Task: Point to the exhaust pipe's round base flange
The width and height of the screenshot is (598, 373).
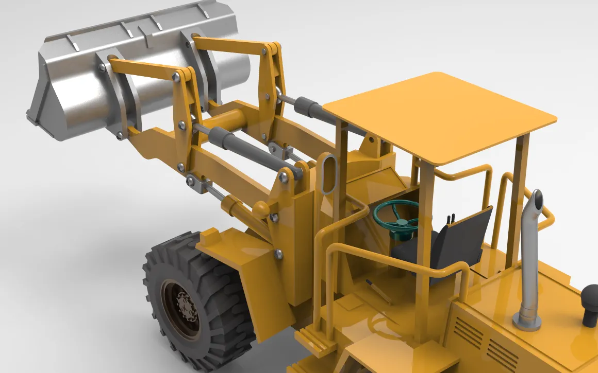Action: tap(527, 322)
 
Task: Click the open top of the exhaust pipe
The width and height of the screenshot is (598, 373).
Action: tap(537, 198)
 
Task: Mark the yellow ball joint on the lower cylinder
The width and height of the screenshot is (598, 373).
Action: tap(261, 209)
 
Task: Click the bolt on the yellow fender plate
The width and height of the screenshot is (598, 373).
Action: tap(278, 253)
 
